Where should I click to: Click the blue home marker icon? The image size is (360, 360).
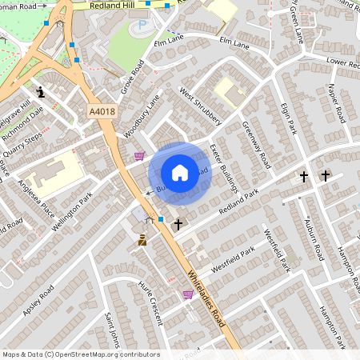(x=180, y=172)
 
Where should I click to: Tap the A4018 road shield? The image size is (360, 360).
(x=102, y=114)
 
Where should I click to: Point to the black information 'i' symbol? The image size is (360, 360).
(x=42, y=93)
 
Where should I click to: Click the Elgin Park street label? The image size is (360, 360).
(x=288, y=117)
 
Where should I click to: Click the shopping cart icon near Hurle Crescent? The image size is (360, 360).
(x=188, y=294)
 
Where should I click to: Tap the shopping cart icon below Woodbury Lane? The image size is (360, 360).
(x=140, y=157)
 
